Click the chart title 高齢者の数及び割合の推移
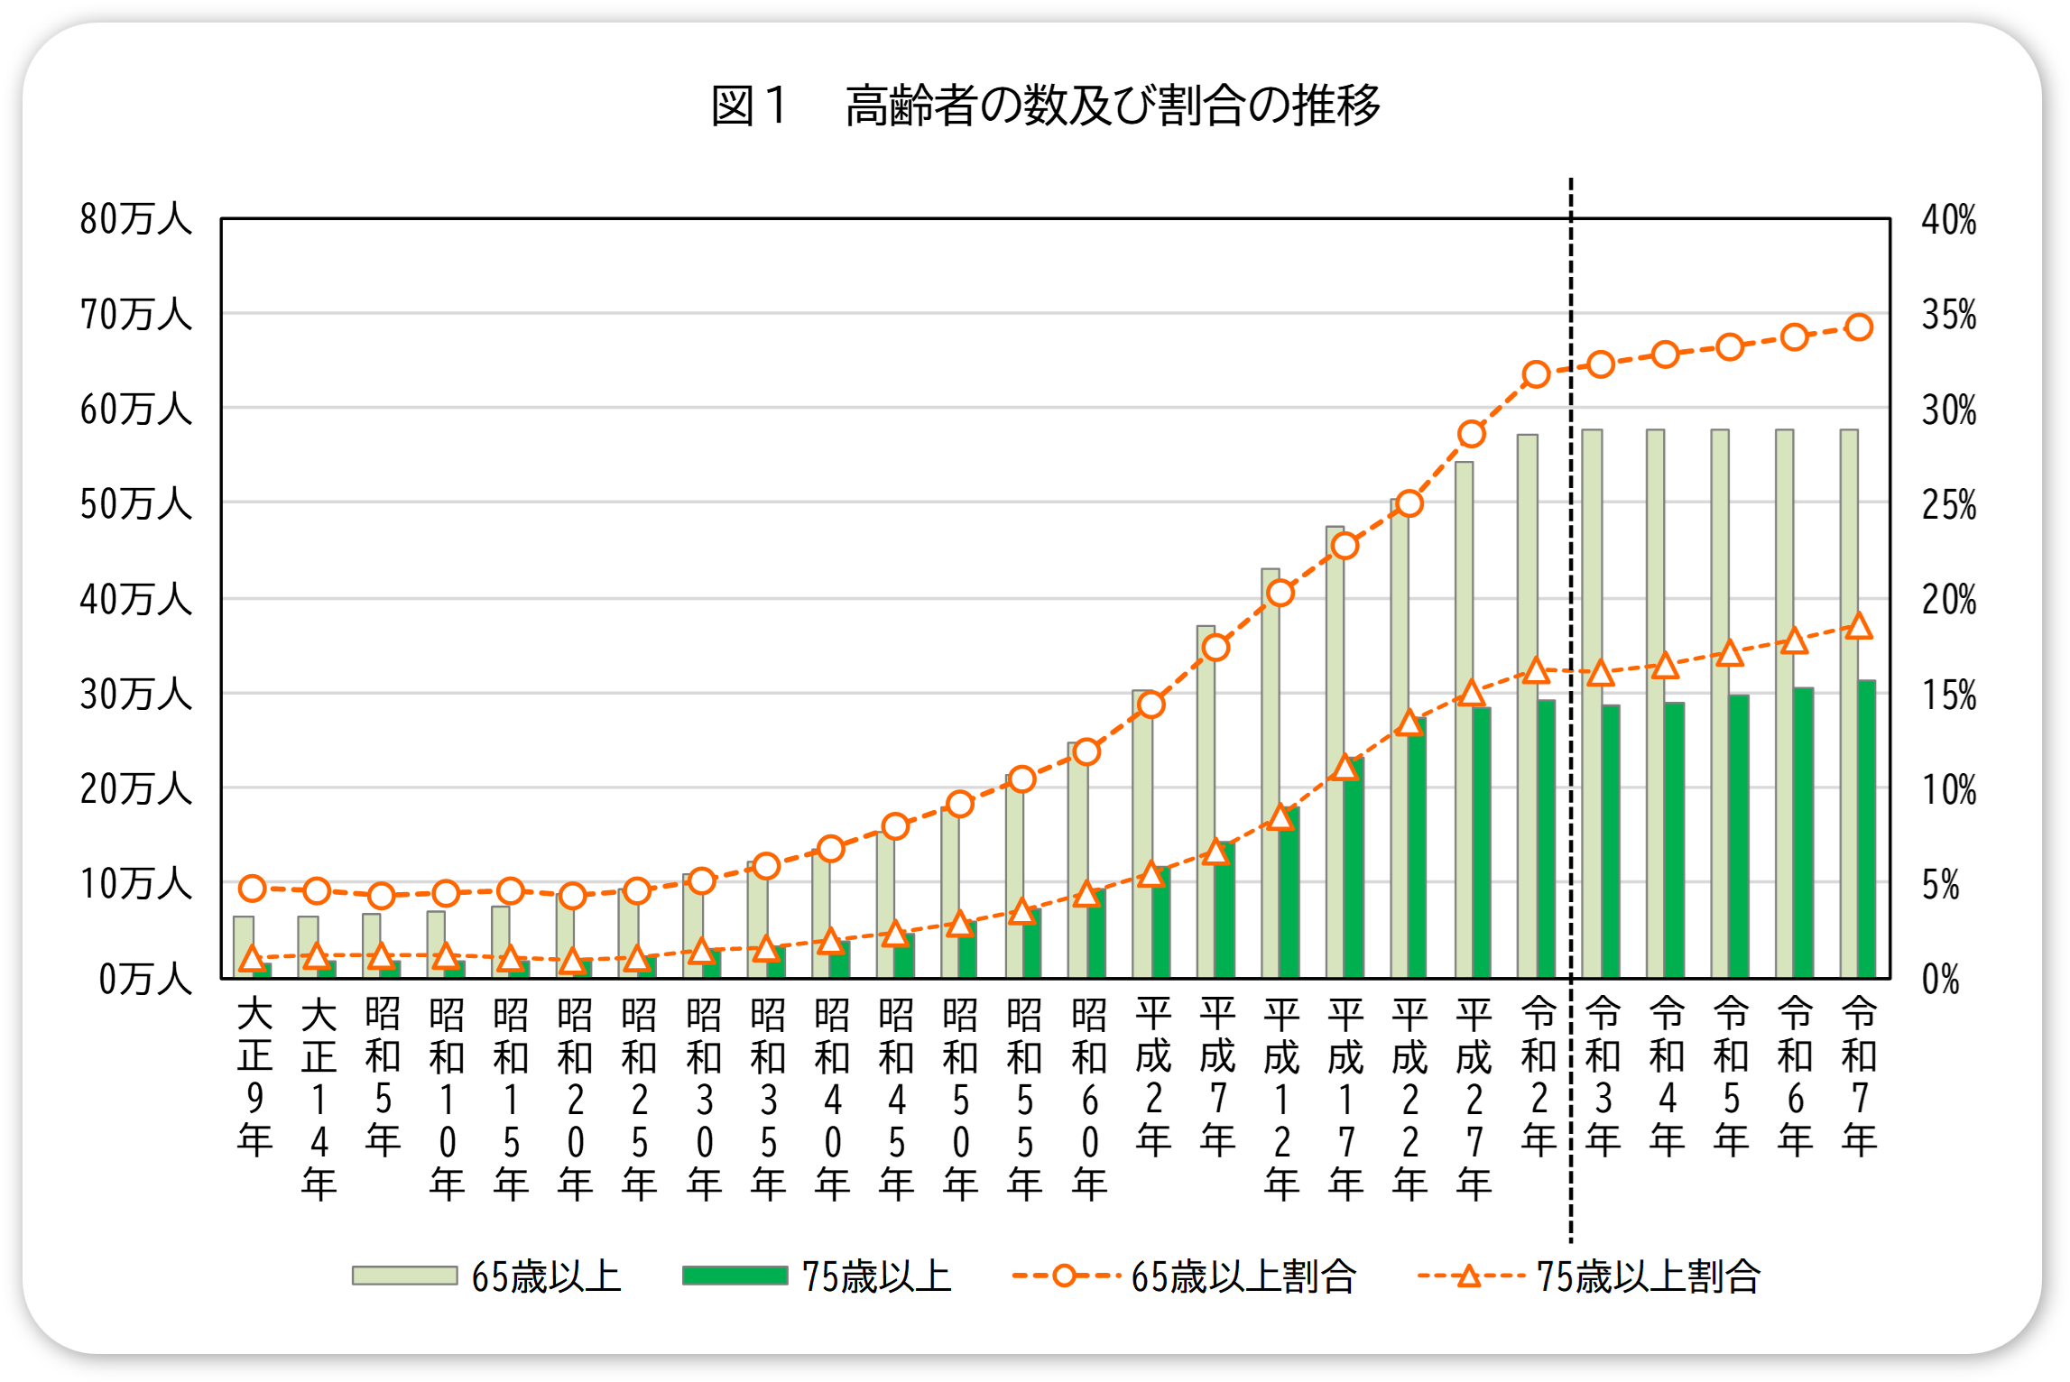(1112, 106)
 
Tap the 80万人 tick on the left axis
(135, 219)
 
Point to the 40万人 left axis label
(135, 600)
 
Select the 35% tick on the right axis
(1948, 315)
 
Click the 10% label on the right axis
(1948, 790)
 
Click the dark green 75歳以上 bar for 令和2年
(1547, 839)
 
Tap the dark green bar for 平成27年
(1482, 843)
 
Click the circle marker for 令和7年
(1859, 327)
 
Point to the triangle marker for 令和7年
(1859, 626)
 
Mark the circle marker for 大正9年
(253, 889)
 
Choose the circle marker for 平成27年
(1472, 434)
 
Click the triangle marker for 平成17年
(1345, 768)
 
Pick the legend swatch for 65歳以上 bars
(404, 1276)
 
